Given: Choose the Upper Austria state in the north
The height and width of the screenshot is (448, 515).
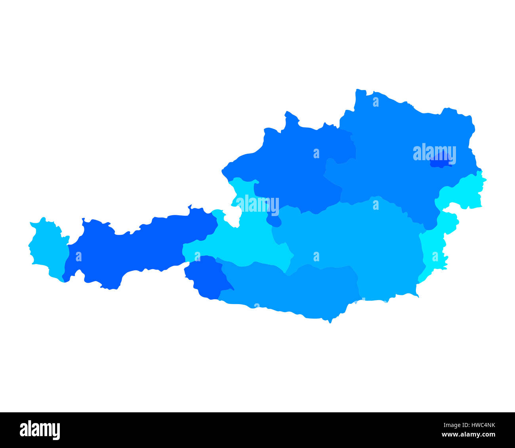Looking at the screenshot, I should coord(293,167).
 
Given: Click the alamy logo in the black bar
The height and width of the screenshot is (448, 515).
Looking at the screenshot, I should coord(40,430).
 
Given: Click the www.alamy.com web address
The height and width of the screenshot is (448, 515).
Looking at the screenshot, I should coord(469,435).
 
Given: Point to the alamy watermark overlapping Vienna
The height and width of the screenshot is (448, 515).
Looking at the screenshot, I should coord(434,153).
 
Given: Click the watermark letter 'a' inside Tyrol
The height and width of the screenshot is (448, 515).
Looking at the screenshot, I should coord(78,257).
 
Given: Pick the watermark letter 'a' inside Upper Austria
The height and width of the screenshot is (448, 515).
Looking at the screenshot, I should coord(316,153).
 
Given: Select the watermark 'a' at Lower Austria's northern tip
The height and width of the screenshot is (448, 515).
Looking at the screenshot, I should coord(376,102).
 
